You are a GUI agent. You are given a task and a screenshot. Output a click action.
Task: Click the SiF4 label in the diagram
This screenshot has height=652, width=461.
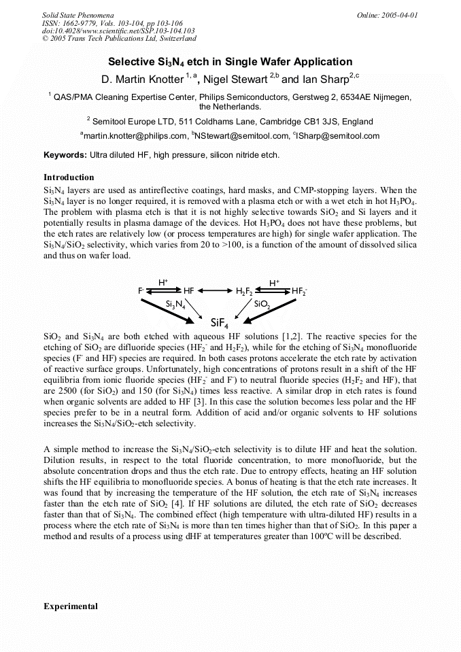220,322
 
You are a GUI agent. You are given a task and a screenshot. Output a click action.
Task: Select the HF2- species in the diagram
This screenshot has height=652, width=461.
298,291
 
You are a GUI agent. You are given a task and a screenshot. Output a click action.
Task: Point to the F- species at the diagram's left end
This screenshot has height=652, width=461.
141,291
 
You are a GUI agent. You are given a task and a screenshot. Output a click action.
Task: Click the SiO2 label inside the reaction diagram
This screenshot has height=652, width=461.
262,304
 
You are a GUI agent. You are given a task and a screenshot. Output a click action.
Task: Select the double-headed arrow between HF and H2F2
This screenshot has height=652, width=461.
216,291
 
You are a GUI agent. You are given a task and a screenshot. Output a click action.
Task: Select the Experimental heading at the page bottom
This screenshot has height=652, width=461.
71,606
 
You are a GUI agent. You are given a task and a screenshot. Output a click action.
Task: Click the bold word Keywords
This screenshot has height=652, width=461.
65,155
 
